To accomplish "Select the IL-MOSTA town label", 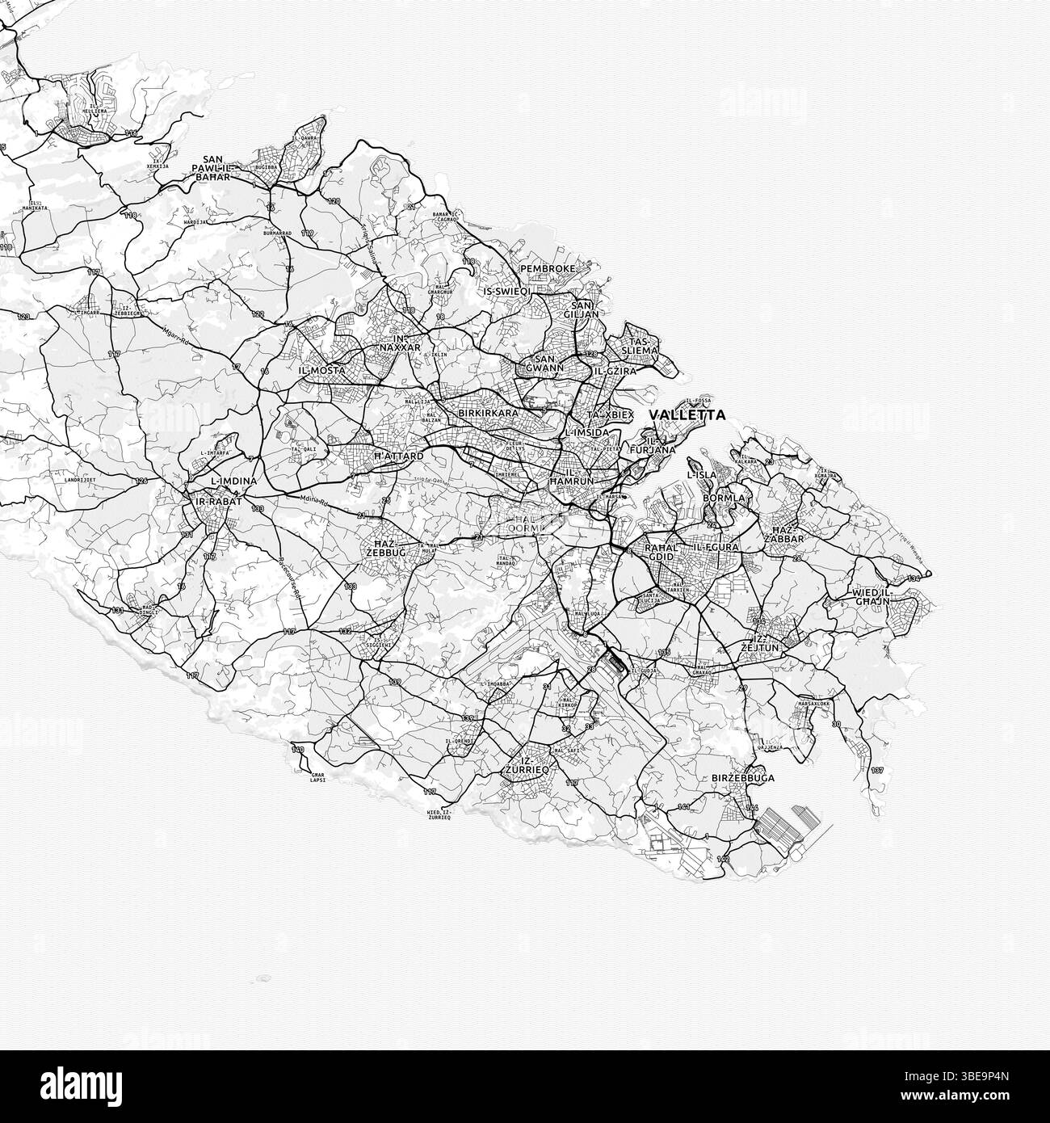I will click(x=321, y=370).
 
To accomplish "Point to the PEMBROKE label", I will click(x=548, y=268).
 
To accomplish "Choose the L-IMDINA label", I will click(x=233, y=482).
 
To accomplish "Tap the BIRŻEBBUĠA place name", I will click(x=743, y=778).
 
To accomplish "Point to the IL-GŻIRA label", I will click(x=615, y=372).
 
